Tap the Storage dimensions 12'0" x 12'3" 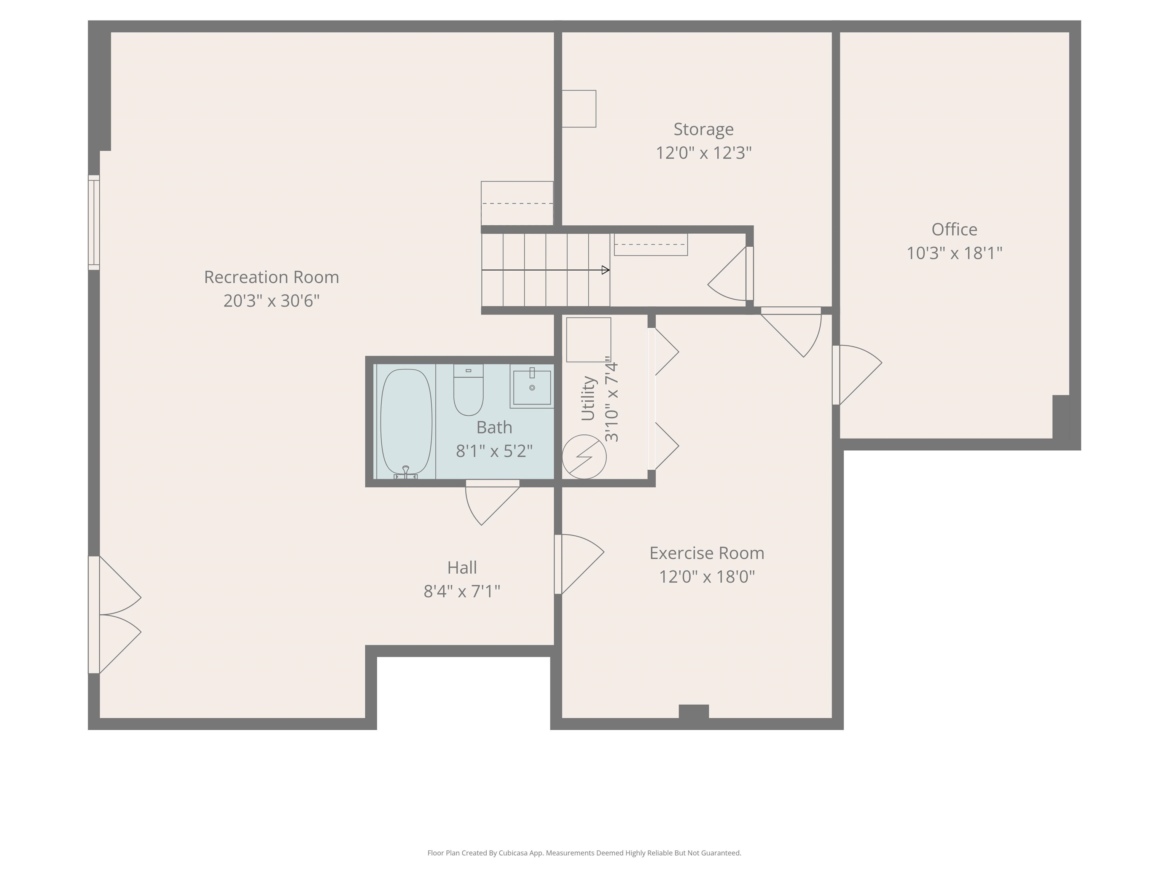(x=703, y=153)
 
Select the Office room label (x=954, y=230)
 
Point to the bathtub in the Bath (x=406, y=421)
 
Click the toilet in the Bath (x=468, y=391)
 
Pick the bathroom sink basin (x=532, y=387)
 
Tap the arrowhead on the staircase (x=606, y=270)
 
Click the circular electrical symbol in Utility (x=584, y=457)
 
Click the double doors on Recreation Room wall (x=114, y=615)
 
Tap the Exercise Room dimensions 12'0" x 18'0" (x=707, y=576)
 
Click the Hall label (x=462, y=568)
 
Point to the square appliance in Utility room (x=588, y=340)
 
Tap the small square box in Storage (x=579, y=109)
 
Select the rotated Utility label (x=588, y=399)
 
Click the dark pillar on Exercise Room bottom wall (x=693, y=711)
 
